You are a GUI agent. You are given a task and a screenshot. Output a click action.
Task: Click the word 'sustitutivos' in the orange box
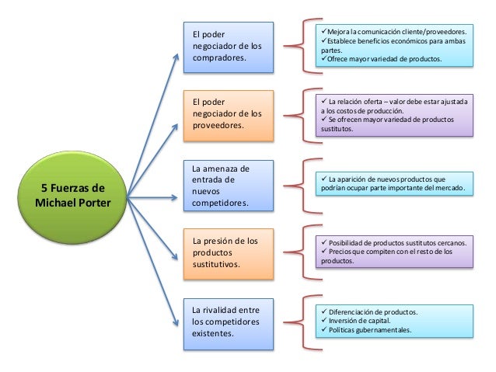216,265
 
